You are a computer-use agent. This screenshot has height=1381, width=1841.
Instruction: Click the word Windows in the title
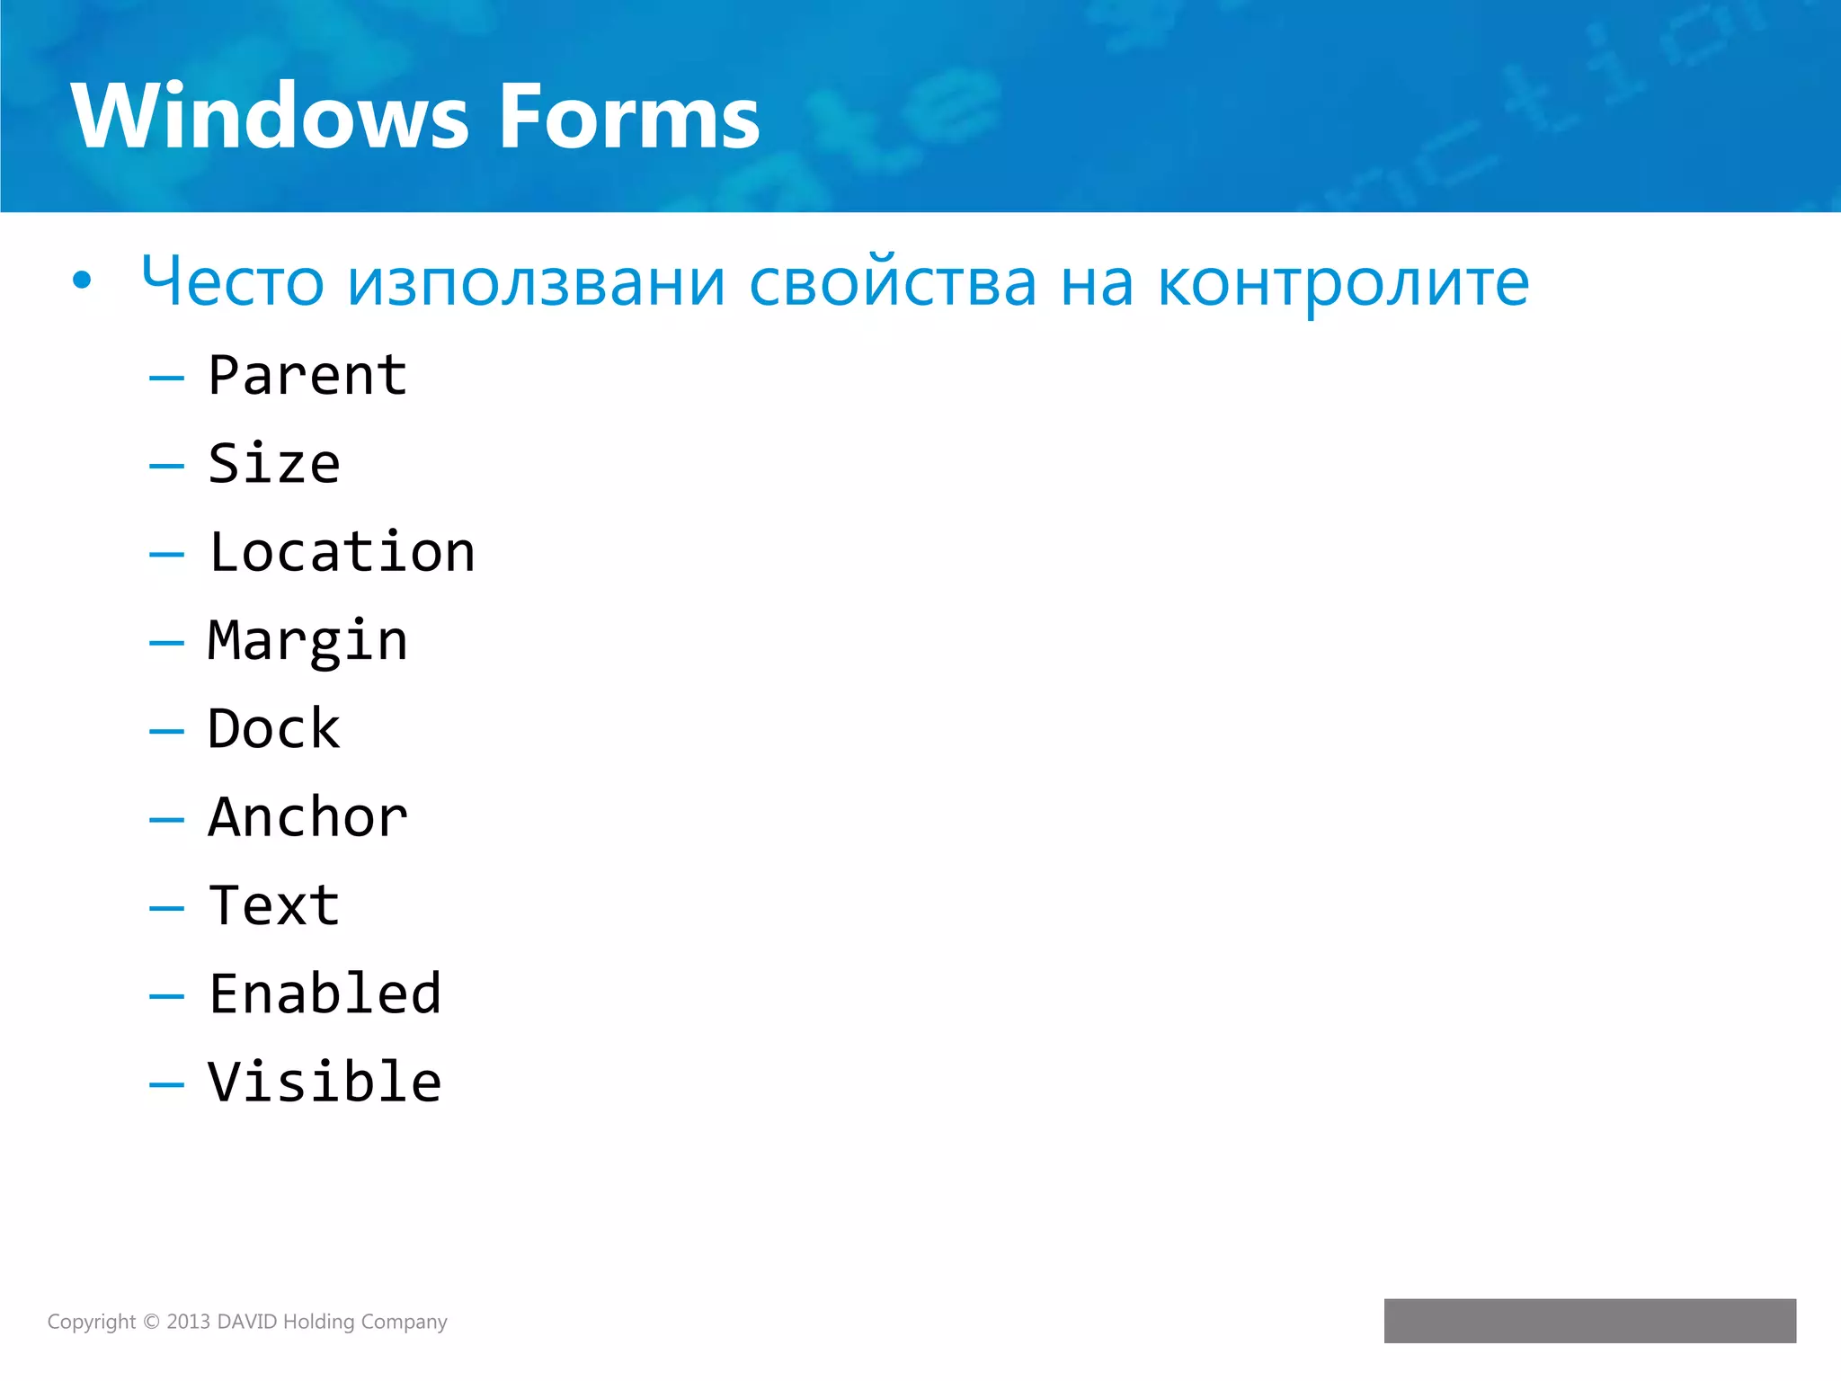click(270, 117)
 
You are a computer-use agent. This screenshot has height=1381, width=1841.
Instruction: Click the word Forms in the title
click(629, 117)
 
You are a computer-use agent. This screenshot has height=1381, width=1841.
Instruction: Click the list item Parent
click(307, 376)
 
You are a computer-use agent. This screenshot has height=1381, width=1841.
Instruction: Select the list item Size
click(274, 464)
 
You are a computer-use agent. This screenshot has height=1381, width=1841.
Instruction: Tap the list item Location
click(342, 552)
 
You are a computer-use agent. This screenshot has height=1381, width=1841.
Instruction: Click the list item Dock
click(274, 729)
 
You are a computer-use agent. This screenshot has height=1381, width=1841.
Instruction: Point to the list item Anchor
click(307, 817)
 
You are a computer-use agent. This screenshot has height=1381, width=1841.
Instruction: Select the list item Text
click(274, 905)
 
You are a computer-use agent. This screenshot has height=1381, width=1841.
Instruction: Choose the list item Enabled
click(325, 994)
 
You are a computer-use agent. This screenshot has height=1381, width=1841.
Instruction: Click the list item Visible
click(325, 1082)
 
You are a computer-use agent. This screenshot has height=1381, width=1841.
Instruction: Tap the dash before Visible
click(166, 1085)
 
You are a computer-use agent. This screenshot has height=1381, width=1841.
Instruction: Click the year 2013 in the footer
click(188, 1322)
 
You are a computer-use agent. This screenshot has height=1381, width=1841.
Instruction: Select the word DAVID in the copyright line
click(247, 1322)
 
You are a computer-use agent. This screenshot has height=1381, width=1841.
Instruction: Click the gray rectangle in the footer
click(1589, 1321)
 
